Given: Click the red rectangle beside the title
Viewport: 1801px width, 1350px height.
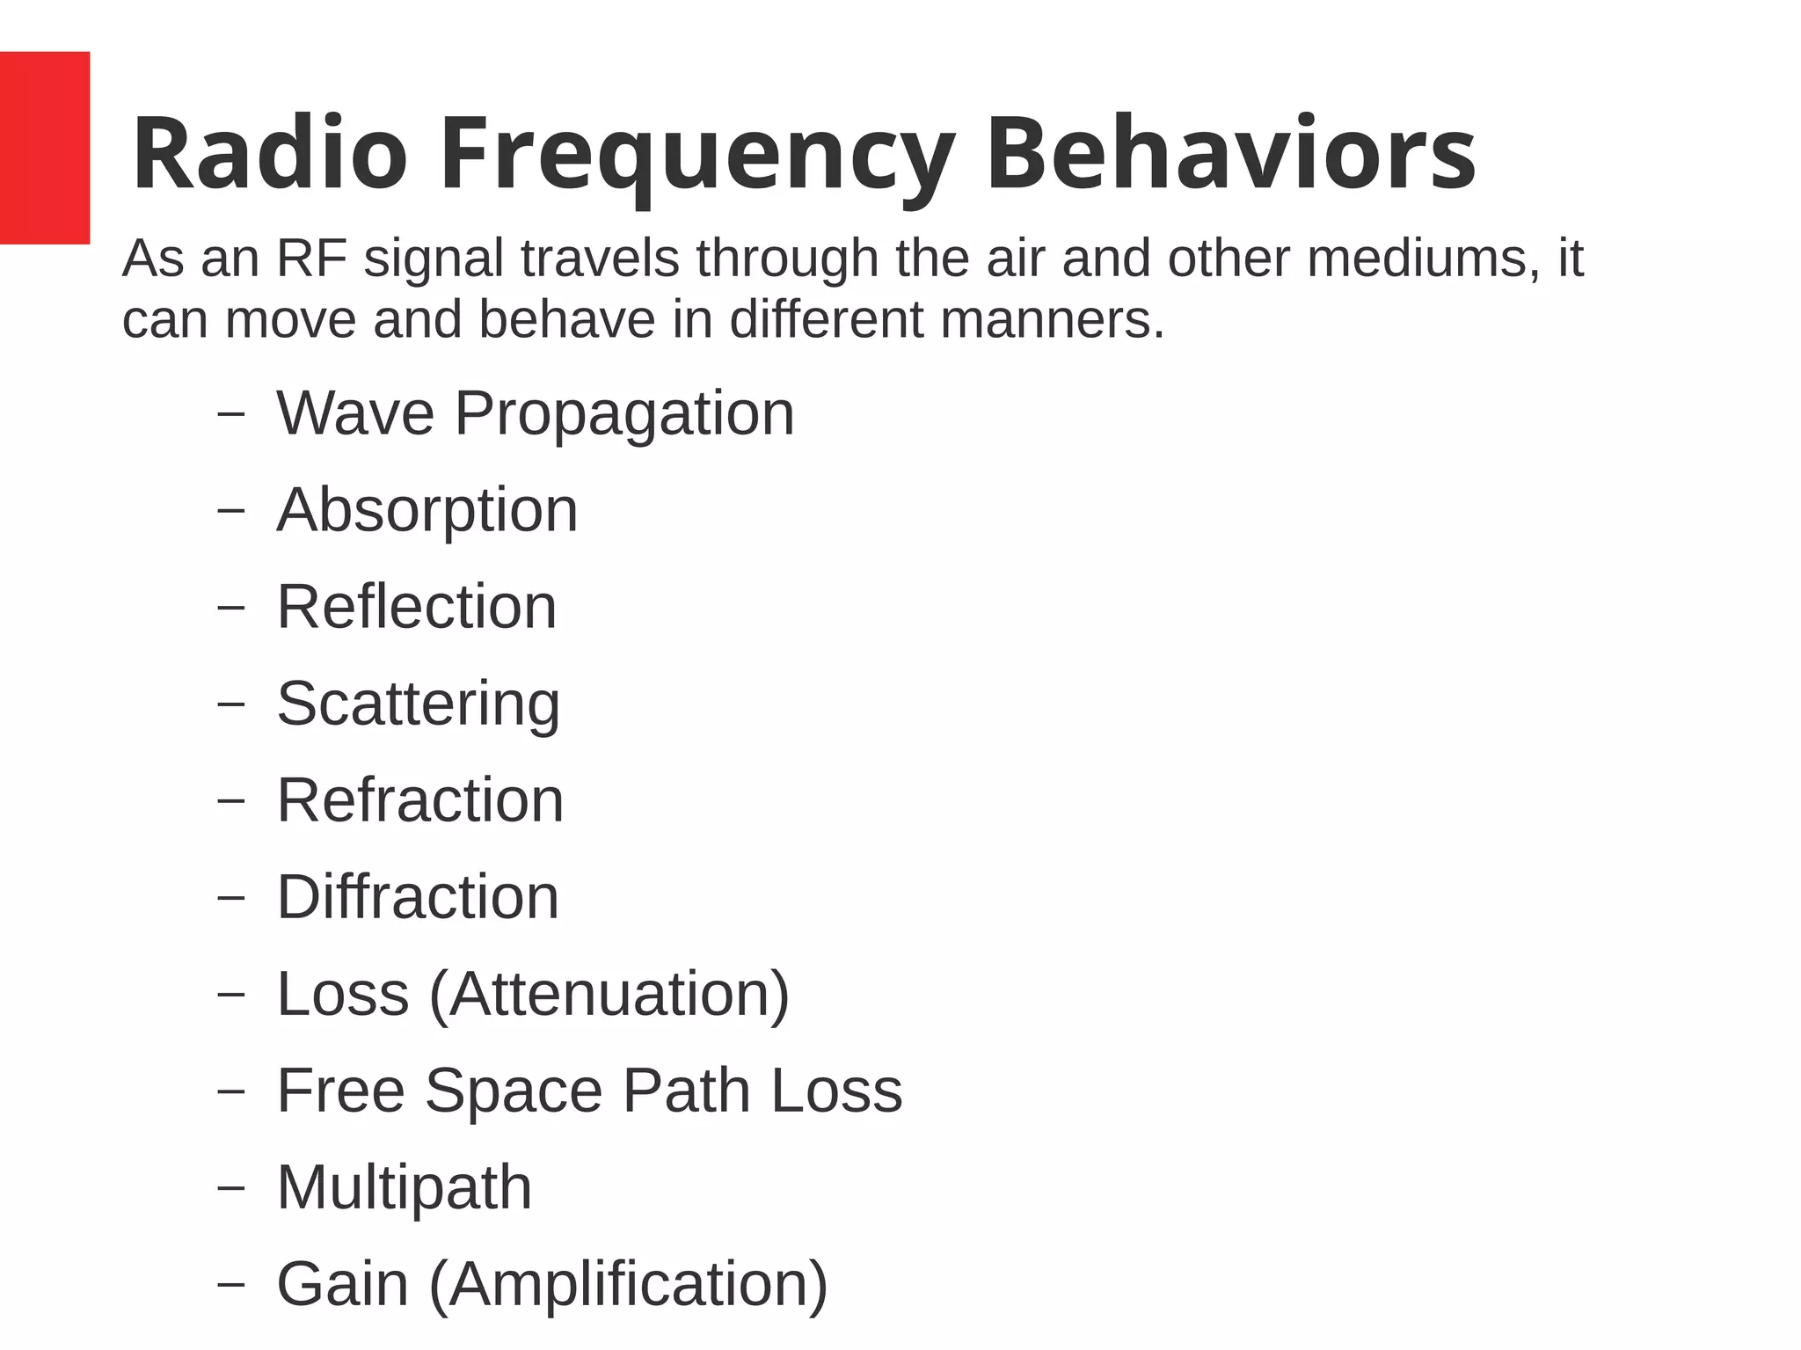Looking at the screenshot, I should [x=44, y=147].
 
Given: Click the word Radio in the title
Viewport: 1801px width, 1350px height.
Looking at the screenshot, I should [x=269, y=154].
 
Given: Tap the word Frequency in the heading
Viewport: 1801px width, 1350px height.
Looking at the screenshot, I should [x=696, y=157].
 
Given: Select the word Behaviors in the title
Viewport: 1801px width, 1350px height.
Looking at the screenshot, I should [x=1230, y=154].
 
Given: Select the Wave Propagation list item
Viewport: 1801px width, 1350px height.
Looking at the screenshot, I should [x=535, y=413].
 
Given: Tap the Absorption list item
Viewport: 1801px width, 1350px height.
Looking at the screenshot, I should [x=427, y=510].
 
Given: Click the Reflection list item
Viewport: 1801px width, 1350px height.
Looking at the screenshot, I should [x=417, y=607].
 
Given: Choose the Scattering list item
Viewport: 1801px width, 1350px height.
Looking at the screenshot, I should [x=419, y=704].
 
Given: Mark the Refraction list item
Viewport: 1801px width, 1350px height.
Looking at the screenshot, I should [x=420, y=800].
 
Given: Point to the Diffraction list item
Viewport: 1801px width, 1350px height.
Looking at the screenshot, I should [x=418, y=897].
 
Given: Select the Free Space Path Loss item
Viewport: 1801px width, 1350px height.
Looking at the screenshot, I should [x=589, y=1091].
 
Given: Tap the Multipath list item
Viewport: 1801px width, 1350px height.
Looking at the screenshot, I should [x=405, y=1187].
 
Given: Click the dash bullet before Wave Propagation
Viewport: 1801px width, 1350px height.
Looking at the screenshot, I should [x=230, y=414].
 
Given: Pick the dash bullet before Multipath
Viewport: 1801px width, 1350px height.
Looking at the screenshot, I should [x=230, y=1188].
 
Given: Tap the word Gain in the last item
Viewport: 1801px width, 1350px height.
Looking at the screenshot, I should [x=343, y=1284].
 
